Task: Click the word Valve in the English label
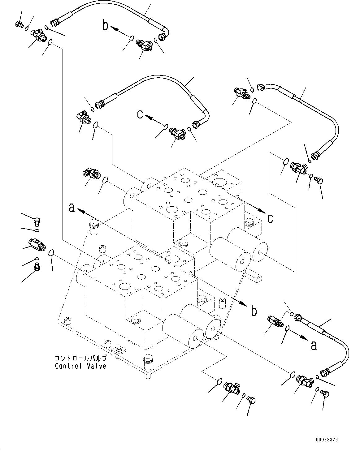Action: [96, 366]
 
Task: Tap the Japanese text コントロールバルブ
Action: [80, 358]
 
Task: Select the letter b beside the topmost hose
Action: [106, 26]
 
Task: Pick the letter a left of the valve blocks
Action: [72, 208]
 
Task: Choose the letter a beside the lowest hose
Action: [314, 345]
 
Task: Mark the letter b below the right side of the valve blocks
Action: [254, 311]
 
